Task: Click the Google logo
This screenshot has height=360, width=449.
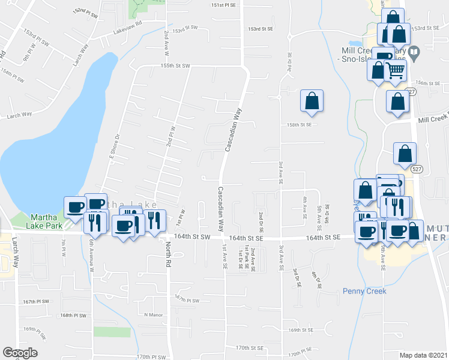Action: pyautogui.click(x=20, y=353)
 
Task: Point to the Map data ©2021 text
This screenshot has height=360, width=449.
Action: pyautogui.click(x=423, y=355)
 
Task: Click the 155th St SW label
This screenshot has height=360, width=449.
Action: pyautogui.click(x=175, y=65)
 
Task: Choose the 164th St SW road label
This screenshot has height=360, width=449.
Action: pyautogui.click(x=192, y=237)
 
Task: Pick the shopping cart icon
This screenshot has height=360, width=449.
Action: pyautogui.click(x=396, y=70)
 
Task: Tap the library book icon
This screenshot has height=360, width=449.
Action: pyautogui.click(x=413, y=53)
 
